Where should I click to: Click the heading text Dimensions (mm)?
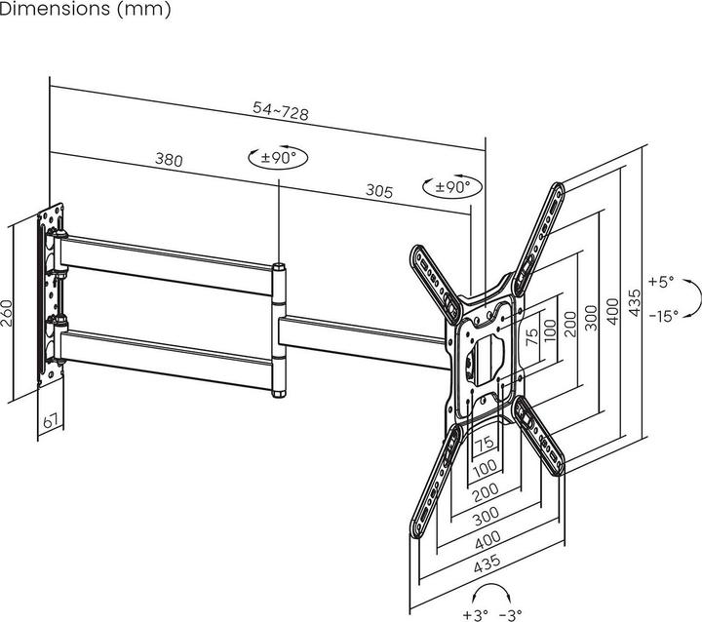pyautogui.click(x=85, y=9)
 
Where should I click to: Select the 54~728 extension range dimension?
pyautogui.click(x=281, y=111)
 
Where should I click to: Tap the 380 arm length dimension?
pyautogui.click(x=169, y=160)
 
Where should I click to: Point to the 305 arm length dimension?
pyautogui.click(x=379, y=191)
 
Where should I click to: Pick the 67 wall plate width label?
pyautogui.click(x=51, y=421)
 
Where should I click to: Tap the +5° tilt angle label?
pyautogui.click(x=661, y=282)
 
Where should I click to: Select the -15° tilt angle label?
pyautogui.click(x=664, y=316)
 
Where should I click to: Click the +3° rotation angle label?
pyautogui.click(x=475, y=615)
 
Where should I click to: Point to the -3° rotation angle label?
pyautogui.click(x=510, y=615)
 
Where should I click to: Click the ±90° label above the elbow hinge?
pyautogui.click(x=279, y=158)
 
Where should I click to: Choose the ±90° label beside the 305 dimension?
pyautogui.click(x=452, y=187)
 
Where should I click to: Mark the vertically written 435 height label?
pyautogui.click(x=635, y=303)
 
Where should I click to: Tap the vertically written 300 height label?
pyautogui.click(x=591, y=318)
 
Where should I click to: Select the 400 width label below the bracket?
pyautogui.click(x=487, y=540)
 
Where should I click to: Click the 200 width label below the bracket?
pyautogui.click(x=486, y=492)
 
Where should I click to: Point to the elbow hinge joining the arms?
pyautogui.click(x=279, y=330)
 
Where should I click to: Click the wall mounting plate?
pyautogui.click(x=51, y=294)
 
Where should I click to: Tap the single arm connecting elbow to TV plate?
pyautogui.click(x=364, y=342)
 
